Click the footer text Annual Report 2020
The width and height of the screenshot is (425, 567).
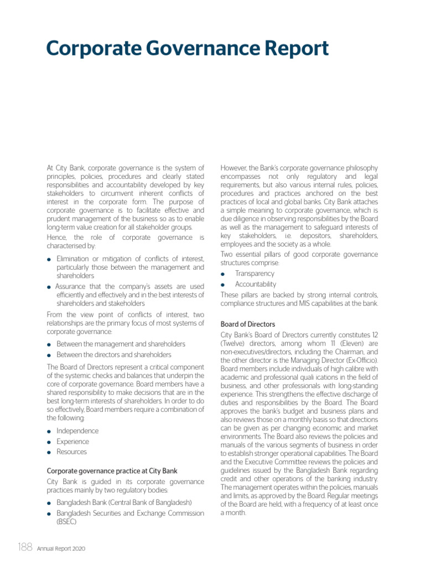61,549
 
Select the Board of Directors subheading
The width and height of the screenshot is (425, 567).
247,324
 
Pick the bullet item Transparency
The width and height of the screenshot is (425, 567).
254,274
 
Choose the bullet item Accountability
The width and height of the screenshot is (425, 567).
255,284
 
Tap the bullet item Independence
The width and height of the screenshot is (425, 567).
77,431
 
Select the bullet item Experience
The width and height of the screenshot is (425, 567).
72,441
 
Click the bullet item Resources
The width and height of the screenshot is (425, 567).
71,452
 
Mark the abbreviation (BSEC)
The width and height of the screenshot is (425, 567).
66,522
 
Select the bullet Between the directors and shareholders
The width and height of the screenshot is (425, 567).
113,354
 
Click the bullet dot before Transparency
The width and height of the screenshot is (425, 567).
223,274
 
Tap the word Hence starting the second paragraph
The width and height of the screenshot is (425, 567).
58,237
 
